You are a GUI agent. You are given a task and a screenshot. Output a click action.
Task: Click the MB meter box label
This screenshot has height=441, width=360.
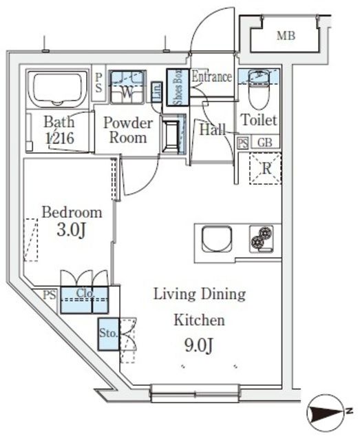[286, 36]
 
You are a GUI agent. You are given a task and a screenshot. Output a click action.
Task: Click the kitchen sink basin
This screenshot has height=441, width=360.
[217, 239]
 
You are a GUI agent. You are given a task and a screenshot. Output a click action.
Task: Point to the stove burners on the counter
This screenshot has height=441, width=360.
[262, 240]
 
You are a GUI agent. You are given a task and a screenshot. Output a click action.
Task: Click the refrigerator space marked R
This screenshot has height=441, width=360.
[265, 169]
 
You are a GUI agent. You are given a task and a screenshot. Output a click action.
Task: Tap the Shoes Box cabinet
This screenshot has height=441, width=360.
[178, 88]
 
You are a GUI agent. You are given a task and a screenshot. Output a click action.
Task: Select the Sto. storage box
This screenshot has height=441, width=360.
[109, 334]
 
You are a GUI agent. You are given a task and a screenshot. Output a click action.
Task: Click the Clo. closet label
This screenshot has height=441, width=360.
[85, 293]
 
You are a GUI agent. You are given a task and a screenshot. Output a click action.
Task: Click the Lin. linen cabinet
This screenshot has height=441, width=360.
[157, 92]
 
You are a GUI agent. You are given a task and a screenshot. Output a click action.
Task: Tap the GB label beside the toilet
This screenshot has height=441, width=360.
[265, 143]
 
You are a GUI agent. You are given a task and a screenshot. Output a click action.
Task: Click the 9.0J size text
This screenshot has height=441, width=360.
[199, 345]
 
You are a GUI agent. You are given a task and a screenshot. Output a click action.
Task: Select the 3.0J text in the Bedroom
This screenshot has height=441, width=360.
[71, 230]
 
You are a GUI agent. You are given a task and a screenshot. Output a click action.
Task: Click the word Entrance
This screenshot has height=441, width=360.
[212, 76]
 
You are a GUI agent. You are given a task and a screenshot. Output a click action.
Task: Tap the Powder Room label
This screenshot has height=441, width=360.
[128, 130]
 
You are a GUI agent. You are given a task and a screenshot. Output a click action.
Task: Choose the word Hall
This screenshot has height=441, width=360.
[213, 130]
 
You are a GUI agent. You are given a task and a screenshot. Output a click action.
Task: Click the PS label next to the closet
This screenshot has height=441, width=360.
[50, 295]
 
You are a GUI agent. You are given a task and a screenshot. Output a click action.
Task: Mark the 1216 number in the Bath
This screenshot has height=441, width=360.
[60, 138]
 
